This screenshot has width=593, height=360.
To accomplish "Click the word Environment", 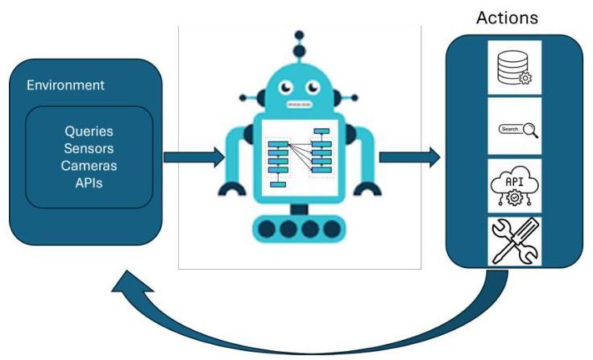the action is point(65,85).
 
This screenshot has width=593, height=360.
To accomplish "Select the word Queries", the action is point(89,130).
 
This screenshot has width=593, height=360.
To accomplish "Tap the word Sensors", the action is point(89,148).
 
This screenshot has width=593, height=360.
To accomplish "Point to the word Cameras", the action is point(89,166).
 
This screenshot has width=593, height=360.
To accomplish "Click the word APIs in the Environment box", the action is point(89,183).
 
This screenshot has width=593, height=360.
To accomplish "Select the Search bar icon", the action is point(514,129).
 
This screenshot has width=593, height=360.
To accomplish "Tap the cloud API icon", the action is point(514,185).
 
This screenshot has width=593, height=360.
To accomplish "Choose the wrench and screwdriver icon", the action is point(514,241).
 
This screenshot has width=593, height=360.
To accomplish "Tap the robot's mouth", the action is point(299,104).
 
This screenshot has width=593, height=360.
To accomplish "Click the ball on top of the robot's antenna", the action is point(299,36).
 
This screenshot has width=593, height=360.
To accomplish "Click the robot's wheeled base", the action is point(299,229).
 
